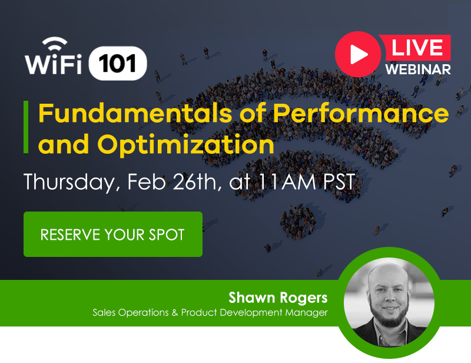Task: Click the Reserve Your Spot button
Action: coord(112,235)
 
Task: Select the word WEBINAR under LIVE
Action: coord(418,69)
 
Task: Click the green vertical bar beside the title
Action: coord(26,127)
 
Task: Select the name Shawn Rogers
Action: coord(278,296)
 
